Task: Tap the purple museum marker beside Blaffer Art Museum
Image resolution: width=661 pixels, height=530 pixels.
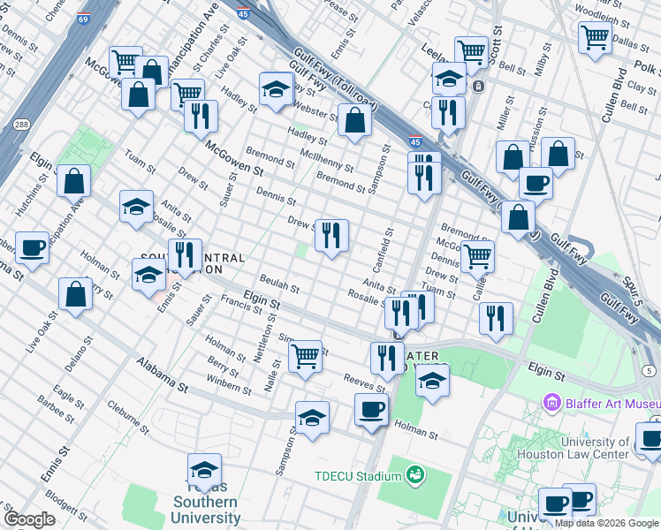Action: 553,404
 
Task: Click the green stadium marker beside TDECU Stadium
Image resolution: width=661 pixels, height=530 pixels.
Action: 414,476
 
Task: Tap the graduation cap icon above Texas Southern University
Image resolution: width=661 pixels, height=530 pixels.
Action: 204,469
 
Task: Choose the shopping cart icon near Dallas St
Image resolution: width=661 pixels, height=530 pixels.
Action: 595,37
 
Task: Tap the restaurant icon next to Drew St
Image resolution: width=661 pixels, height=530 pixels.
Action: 331,235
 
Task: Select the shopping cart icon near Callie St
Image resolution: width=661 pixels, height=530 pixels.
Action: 477,256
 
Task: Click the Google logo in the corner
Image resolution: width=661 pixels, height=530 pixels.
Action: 29,519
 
